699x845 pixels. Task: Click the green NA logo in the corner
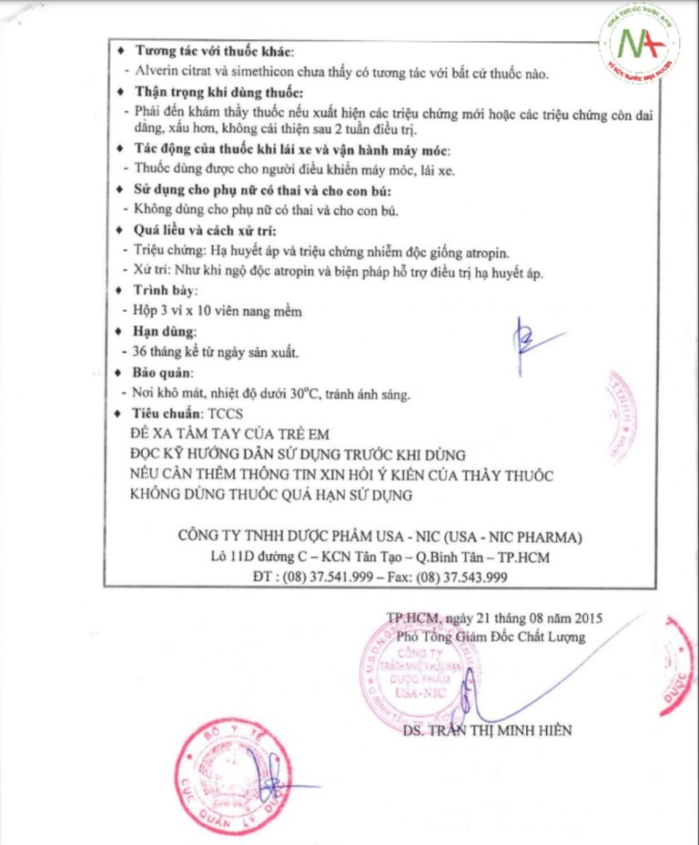pos(639,45)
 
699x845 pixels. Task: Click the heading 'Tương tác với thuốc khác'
pos(215,51)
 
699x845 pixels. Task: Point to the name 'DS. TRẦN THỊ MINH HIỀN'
pos(488,730)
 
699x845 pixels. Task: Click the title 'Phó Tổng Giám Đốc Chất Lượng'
pos(491,638)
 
